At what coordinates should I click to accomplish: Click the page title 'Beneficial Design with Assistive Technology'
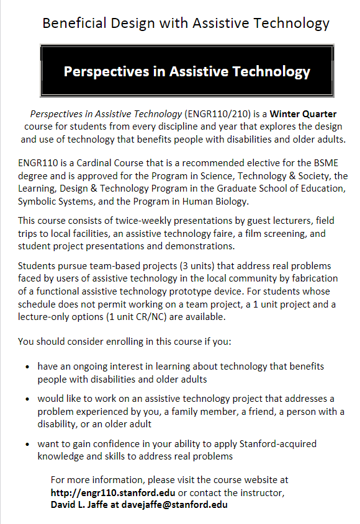tap(186, 24)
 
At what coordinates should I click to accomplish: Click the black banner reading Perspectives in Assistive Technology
tap(187, 71)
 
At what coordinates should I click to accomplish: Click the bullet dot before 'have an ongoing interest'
tap(28, 367)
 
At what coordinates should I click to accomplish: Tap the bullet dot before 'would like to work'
tap(28, 399)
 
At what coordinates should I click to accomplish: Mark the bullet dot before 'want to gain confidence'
tap(28, 445)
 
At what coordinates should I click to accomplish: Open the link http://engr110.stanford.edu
tap(113, 492)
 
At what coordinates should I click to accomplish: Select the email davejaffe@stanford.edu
tap(179, 505)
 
